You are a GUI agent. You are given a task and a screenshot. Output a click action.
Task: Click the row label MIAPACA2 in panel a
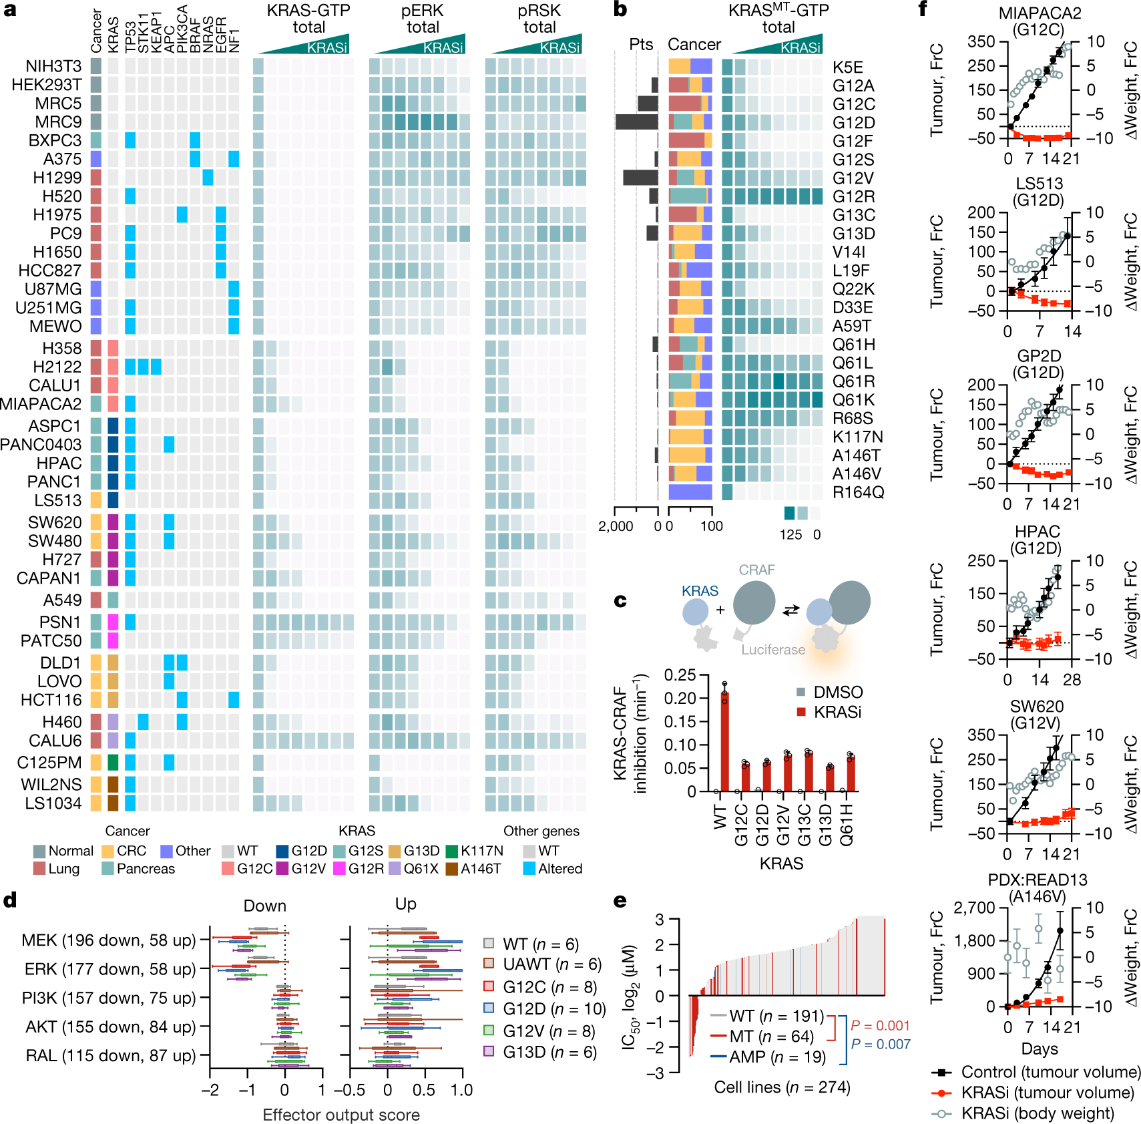[x=40, y=404]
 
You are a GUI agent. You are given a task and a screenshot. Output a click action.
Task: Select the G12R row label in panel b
[x=853, y=197]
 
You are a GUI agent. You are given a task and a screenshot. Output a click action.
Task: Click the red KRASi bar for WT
[x=724, y=741]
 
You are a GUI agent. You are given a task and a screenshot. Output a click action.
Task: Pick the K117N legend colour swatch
[x=451, y=851]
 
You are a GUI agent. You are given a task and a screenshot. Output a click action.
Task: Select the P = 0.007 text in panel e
[x=880, y=1044]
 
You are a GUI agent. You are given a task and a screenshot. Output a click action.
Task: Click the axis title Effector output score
[x=340, y=1115]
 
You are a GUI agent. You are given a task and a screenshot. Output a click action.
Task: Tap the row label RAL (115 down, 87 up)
[x=110, y=1055]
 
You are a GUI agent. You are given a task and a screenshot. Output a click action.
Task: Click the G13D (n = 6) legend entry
[x=549, y=1052]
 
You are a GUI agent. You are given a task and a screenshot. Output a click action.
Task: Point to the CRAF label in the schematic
[x=756, y=570]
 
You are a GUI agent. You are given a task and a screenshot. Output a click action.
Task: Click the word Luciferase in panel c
[x=772, y=649]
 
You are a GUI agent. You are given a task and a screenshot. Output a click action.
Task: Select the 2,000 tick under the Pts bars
[x=616, y=526]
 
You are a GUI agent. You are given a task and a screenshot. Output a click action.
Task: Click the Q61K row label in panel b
[x=853, y=400]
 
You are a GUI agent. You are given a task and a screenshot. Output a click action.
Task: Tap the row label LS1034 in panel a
[x=53, y=803]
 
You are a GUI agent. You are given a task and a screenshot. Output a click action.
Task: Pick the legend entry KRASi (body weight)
[x=1046, y=1113]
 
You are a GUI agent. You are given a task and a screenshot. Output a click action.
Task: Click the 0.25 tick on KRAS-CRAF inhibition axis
[x=680, y=675]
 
